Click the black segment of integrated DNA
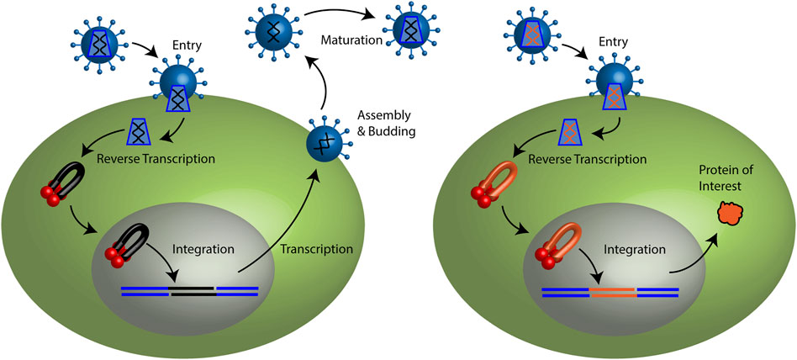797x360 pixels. tap(193, 292)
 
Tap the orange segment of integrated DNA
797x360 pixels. tap(613, 292)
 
